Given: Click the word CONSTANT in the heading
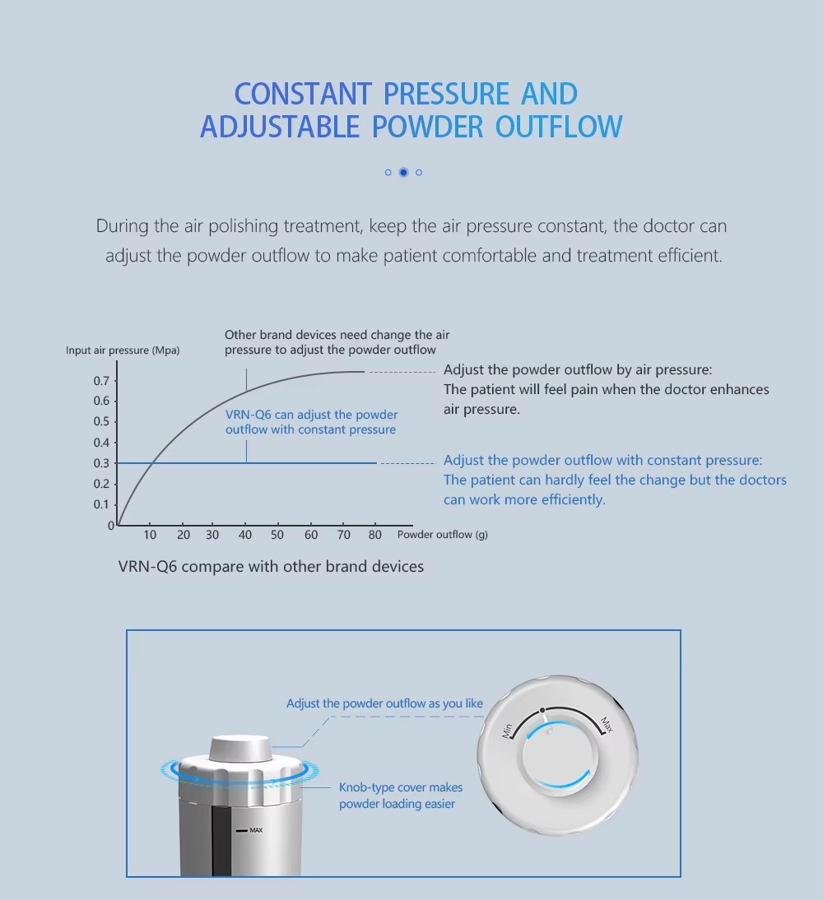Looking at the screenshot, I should click(304, 94).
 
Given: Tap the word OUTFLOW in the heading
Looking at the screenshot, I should click(559, 128).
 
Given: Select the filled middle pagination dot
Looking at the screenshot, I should click(403, 172).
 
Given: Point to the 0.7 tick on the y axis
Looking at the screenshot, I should click(101, 381).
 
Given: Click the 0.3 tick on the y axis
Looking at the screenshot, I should click(101, 463).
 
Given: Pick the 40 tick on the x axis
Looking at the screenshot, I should click(245, 535).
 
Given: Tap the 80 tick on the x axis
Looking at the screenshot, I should click(375, 535).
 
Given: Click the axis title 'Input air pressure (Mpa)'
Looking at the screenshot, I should click(123, 350).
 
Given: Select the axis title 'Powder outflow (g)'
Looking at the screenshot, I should click(442, 535).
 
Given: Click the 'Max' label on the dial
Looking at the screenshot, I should click(607, 725).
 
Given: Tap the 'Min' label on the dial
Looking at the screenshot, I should click(508, 729).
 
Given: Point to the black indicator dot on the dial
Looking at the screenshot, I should click(542, 709).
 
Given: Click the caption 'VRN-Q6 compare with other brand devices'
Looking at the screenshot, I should click(271, 567).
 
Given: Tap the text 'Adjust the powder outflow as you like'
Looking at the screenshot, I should click(384, 703).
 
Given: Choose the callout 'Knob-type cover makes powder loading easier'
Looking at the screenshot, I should click(401, 796).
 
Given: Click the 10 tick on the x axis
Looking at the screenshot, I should click(150, 535).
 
